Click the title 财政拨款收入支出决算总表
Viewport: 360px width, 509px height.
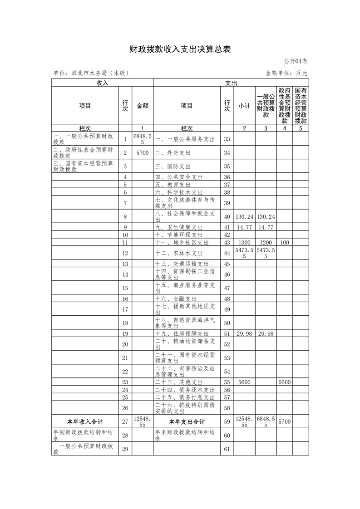click(x=180, y=49)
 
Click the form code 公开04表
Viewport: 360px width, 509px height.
click(x=296, y=61)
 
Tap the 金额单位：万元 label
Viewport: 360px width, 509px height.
click(x=286, y=73)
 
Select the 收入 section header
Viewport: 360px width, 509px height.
click(x=102, y=83)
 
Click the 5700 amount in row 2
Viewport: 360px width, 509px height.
click(x=142, y=152)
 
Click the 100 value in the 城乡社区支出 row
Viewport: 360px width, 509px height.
click(x=285, y=243)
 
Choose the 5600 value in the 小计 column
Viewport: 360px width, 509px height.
click(x=244, y=382)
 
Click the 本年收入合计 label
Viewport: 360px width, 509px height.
click(x=85, y=421)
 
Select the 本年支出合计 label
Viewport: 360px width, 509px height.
click(x=187, y=421)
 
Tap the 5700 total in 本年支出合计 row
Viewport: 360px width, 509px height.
click(x=285, y=421)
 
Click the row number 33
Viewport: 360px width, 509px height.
click(x=227, y=139)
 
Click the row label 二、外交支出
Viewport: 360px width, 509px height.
click(x=175, y=152)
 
